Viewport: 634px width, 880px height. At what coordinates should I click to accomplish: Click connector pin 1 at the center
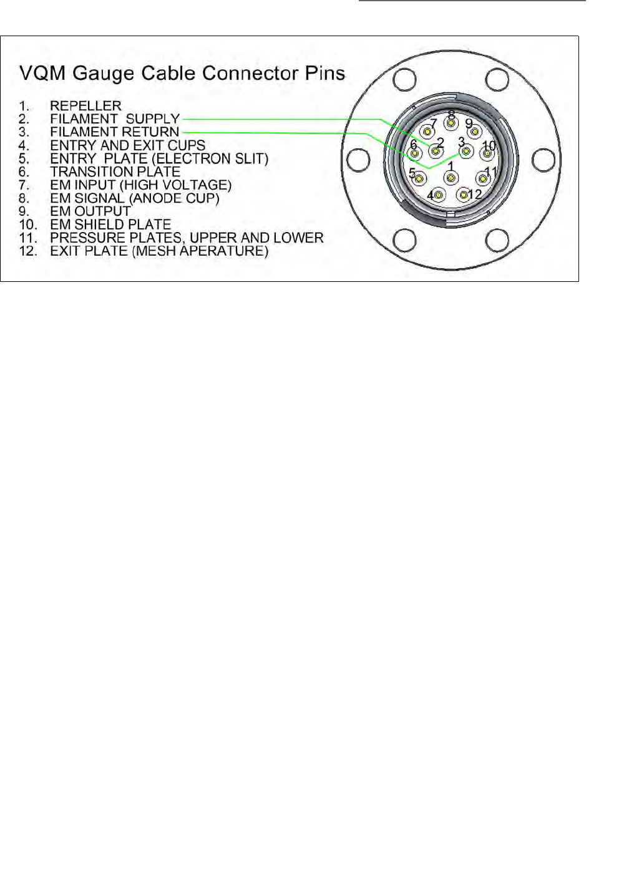[451, 178]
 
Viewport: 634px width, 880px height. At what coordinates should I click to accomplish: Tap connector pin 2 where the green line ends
[435, 151]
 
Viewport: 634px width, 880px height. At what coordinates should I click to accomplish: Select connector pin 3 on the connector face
[466, 151]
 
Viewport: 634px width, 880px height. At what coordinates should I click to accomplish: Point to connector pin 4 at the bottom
[439, 196]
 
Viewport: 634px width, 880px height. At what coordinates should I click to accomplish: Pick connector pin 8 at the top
[451, 123]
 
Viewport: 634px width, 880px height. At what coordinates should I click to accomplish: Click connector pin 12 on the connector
[463, 195]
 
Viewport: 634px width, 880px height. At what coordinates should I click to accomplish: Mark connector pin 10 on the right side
[486, 153]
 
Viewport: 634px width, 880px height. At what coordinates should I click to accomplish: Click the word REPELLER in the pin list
[85, 106]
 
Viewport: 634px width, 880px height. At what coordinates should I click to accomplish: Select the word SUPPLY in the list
[153, 119]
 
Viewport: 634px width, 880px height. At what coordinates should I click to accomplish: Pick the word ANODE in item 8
[154, 198]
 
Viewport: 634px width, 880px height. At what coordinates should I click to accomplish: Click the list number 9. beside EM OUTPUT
[24, 211]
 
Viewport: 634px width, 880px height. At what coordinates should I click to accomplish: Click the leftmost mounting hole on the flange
[358, 160]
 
